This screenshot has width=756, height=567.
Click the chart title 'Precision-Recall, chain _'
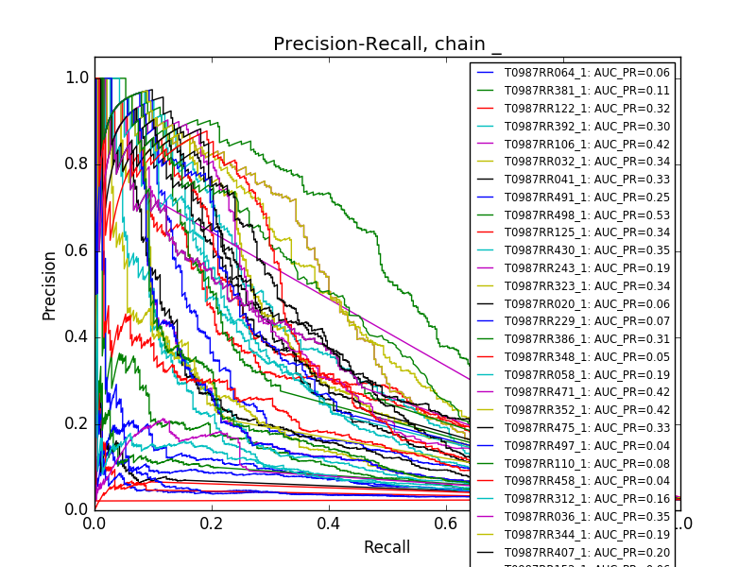387,44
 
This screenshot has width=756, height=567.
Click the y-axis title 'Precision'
49,284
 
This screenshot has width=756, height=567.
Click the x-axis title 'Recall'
387,547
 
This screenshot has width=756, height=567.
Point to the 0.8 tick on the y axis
77,164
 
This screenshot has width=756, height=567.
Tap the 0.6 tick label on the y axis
77,250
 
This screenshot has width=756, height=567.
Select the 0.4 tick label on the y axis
77,336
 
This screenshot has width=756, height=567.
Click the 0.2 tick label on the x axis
212,524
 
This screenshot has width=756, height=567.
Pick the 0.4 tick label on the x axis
329,524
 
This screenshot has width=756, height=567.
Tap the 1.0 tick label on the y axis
77,78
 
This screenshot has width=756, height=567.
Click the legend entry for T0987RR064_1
574,73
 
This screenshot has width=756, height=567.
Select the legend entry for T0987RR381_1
574,91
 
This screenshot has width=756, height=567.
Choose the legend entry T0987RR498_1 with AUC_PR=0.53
574,215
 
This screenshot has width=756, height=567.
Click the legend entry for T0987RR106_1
574,144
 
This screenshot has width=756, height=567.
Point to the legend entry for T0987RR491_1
574,198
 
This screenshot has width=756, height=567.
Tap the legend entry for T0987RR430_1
574,250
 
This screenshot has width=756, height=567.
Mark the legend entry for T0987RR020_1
574,303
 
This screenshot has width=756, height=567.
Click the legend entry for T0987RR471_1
574,392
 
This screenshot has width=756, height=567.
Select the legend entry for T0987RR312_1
574,499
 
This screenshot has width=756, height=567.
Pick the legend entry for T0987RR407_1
574,552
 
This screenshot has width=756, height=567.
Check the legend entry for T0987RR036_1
574,517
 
